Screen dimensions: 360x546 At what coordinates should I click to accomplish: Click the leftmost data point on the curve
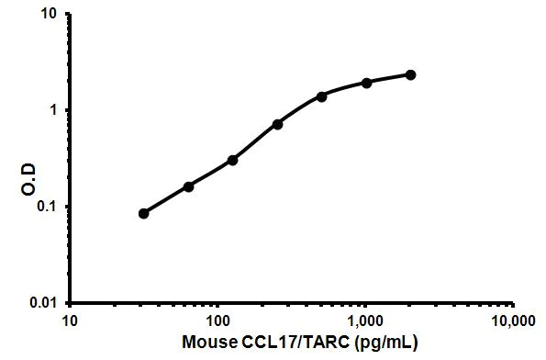tap(144, 213)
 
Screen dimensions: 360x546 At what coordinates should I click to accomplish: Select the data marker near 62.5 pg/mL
tap(188, 186)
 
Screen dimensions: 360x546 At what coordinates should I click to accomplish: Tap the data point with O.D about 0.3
tap(233, 160)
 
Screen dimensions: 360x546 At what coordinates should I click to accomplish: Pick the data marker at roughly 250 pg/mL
tap(277, 124)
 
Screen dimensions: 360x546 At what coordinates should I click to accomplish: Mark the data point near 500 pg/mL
tap(322, 96)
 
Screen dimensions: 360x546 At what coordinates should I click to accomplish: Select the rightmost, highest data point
tap(410, 74)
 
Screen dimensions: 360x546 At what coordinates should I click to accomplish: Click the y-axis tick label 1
tap(58, 110)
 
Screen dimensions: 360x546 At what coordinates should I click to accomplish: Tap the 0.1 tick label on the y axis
tap(52, 207)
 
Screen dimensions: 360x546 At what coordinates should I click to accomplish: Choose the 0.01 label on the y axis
tap(49, 302)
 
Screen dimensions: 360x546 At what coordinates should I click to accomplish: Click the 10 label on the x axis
tap(70, 322)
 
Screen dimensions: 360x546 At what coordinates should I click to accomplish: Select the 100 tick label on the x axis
tap(217, 322)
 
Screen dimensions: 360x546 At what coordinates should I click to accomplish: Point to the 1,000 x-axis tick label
tap(364, 322)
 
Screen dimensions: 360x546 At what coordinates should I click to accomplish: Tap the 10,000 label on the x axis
tap(512, 322)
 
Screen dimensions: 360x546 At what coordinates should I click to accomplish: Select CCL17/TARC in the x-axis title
tap(281, 346)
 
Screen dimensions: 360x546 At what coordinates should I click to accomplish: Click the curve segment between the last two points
tap(388, 78)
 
